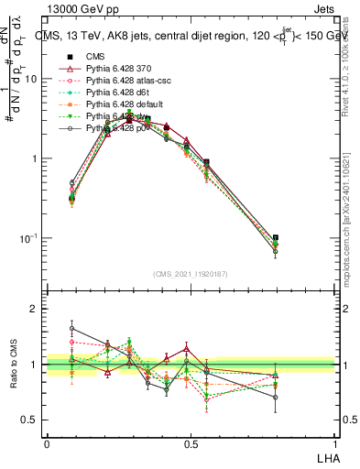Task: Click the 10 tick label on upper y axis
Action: click(31, 79)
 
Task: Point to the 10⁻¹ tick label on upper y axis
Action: click(27, 238)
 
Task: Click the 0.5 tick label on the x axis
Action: click(191, 443)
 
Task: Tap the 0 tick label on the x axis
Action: click(47, 443)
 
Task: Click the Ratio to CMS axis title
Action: click(14, 365)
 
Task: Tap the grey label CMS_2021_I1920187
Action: click(191, 273)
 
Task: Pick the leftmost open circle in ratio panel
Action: click(72, 328)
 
